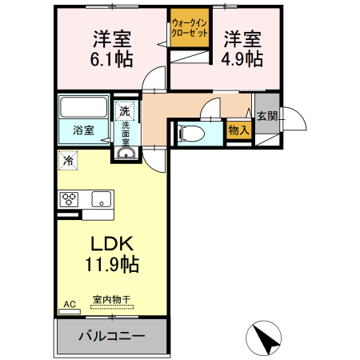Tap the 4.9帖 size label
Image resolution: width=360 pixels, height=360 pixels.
[242, 59]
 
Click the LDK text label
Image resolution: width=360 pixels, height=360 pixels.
[112, 244]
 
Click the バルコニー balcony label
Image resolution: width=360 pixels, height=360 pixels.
[111, 335]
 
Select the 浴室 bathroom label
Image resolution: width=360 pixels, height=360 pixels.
[84, 129]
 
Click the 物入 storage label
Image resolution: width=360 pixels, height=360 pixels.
[238, 130]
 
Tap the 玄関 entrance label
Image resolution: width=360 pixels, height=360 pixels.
[266, 117]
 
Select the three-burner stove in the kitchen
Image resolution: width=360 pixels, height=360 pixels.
[69, 199]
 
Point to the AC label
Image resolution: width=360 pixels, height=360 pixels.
[69, 304]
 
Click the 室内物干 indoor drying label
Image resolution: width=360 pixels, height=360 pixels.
[111, 299]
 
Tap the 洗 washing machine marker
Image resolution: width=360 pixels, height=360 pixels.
[126, 110]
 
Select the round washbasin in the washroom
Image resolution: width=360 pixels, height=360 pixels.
[126, 154]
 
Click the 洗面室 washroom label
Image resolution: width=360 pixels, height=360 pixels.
[126, 131]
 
